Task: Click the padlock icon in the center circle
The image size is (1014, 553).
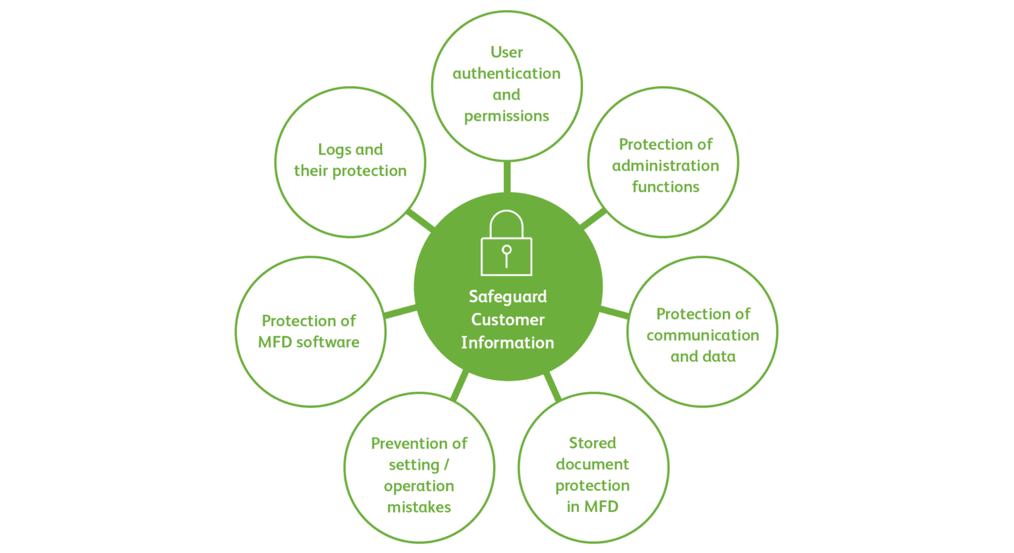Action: click(506, 243)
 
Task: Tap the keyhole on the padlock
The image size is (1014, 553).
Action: click(506, 256)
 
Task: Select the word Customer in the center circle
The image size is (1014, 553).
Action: click(508, 319)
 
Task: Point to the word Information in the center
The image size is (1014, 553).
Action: click(508, 342)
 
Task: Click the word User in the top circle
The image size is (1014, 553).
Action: click(506, 52)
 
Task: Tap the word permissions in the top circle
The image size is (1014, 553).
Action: click(506, 116)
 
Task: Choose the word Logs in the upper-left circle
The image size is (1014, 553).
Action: click(335, 150)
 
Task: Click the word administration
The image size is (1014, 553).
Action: click(665, 166)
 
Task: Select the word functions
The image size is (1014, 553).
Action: click(665, 187)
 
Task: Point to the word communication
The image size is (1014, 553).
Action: click(702, 335)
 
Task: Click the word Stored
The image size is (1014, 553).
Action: click(593, 443)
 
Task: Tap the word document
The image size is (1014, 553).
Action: click(593, 464)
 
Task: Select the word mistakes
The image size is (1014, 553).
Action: click(419, 507)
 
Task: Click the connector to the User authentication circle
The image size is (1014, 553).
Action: click(507, 177)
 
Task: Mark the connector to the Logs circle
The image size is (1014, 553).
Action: click(421, 220)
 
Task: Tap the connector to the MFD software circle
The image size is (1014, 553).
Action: click(399, 311)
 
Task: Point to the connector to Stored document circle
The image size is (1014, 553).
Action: click(553, 386)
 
